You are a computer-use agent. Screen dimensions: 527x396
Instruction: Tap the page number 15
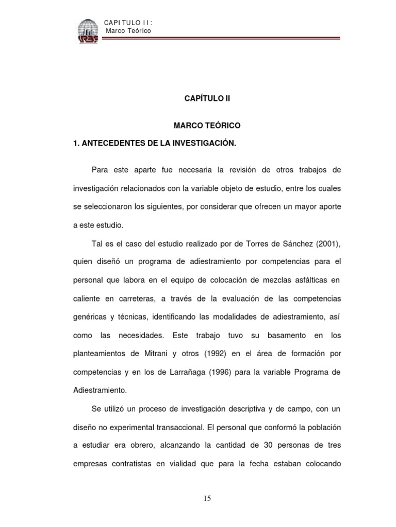pyautogui.click(x=207, y=498)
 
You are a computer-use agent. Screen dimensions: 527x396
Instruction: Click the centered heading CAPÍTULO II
pyautogui.click(x=207, y=99)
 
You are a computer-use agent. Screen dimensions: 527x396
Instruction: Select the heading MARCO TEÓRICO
pyautogui.click(x=207, y=126)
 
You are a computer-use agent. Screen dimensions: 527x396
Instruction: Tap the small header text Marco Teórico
pyautogui.click(x=128, y=31)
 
